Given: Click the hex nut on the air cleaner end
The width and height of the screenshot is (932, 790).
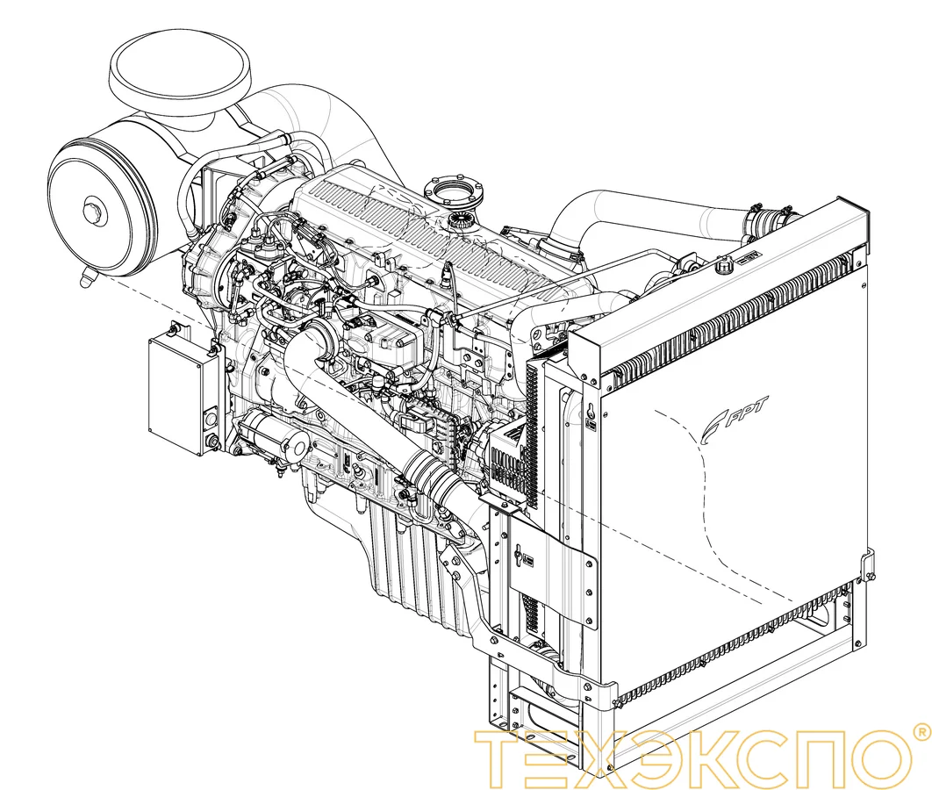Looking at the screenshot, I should [92, 211].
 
